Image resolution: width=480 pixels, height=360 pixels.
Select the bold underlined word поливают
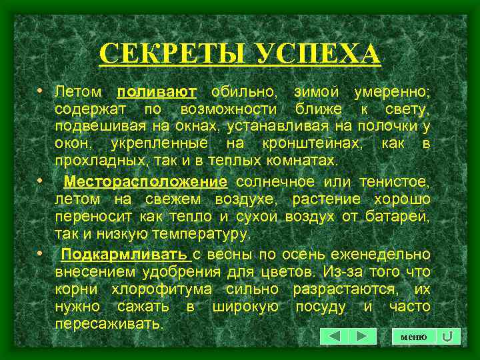pos(156,91)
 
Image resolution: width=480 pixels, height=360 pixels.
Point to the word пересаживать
pos(108,325)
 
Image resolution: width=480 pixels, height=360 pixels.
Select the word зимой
pos(307,91)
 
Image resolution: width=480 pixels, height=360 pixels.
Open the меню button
pos(413,337)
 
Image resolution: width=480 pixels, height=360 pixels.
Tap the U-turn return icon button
pos(449,337)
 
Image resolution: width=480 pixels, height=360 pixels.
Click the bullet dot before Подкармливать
pos(41,254)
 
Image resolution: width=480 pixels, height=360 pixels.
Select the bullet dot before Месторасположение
pos(41,181)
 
